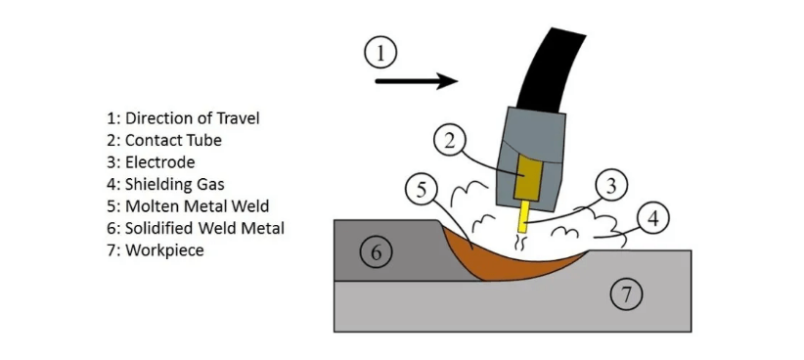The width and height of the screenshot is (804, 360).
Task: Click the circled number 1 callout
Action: pyautogui.click(x=380, y=53)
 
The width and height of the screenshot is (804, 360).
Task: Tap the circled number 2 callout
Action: pyautogui.click(x=450, y=141)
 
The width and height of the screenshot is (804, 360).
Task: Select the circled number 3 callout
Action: pyautogui.click(x=610, y=185)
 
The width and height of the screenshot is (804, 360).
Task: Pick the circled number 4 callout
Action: pyautogui.click(x=652, y=219)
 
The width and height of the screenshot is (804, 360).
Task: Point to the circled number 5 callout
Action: pyautogui.click(x=421, y=189)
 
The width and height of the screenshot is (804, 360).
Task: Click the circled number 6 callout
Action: pyautogui.click(x=376, y=252)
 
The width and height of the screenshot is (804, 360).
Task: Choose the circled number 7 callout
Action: pyautogui.click(x=626, y=293)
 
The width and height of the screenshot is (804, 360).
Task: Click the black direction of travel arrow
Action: pyautogui.click(x=417, y=81)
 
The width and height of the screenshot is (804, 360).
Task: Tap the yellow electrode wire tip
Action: pyautogui.click(x=523, y=217)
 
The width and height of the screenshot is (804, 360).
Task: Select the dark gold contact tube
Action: pyautogui.click(x=524, y=178)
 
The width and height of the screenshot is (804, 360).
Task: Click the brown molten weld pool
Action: pyautogui.click(x=513, y=261)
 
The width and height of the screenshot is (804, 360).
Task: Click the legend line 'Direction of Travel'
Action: pyautogui.click(x=183, y=118)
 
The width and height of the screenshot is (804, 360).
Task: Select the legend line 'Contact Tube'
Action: pyautogui.click(x=164, y=141)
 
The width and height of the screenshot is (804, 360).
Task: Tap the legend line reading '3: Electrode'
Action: pyautogui.click(x=151, y=162)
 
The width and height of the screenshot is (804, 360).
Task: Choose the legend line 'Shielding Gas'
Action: pyautogui.click(x=165, y=185)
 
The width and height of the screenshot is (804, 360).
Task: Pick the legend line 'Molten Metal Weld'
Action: pyautogui.click(x=188, y=206)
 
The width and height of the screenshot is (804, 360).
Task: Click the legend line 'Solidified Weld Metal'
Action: pyautogui.click(x=196, y=228)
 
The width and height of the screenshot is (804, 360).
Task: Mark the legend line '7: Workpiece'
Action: pyautogui.click(x=155, y=250)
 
